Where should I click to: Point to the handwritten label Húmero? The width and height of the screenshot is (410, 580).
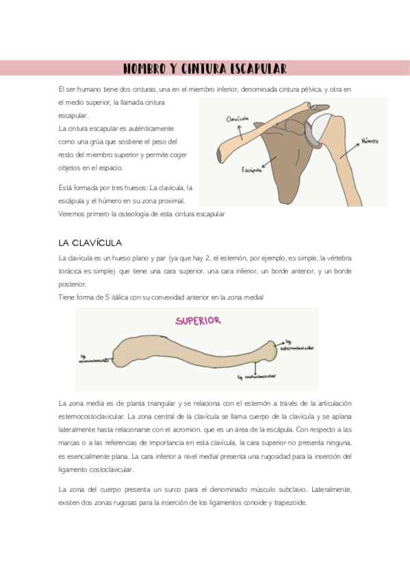pyautogui.click(x=370, y=140)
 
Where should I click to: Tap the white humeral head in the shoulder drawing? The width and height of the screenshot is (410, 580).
pyautogui.click(x=321, y=125)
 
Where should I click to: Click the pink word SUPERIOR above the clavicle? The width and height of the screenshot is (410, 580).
pyautogui.click(x=198, y=319)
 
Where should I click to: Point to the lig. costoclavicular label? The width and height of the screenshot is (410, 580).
pyautogui.click(x=257, y=375)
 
